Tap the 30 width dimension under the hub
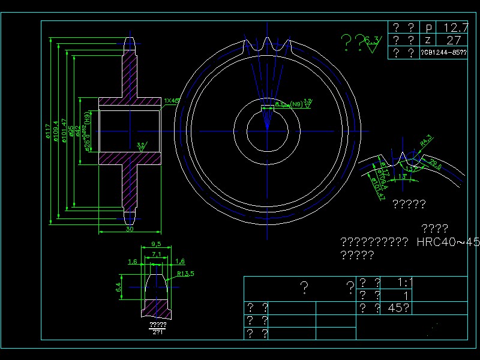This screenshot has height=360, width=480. [129, 229]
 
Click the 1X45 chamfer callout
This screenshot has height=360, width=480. [172, 101]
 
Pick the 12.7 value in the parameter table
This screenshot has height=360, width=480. [455, 28]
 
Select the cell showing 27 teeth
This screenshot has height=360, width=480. [454, 40]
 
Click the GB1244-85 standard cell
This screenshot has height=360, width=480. [444, 53]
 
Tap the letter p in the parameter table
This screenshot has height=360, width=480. [428, 28]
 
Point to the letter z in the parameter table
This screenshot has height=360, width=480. [428, 40]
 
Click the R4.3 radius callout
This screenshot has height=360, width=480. [426, 141]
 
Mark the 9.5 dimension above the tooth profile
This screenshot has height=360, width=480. [155, 244]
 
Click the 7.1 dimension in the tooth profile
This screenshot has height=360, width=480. [155, 255]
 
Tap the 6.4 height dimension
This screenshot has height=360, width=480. [119, 287]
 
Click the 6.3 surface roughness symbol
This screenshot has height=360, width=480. [372, 41]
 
